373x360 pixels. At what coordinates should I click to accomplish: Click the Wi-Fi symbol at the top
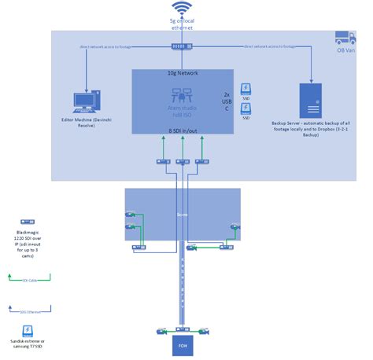pyautogui.click(x=183, y=9)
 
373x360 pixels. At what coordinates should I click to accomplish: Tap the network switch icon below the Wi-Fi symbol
pyautogui.click(x=183, y=46)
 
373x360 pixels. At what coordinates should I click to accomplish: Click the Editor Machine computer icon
pyautogui.click(x=84, y=101)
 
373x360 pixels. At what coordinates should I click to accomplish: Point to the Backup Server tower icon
pyautogui.click(x=311, y=99)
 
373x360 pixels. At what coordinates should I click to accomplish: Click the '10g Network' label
pyautogui.click(x=183, y=73)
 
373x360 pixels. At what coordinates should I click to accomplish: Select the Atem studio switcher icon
pyautogui.click(x=182, y=94)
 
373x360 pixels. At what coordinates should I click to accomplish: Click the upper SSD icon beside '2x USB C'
pyautogui.click(x=246, y=89)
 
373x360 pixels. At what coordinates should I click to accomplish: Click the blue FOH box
pyautogui.click(x=183, y=345)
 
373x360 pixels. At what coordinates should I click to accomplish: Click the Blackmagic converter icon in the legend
pyautogui.click(x=27, y=222)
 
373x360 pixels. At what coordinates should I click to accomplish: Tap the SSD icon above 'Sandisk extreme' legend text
pyautogui.click(x=28, y=331)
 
